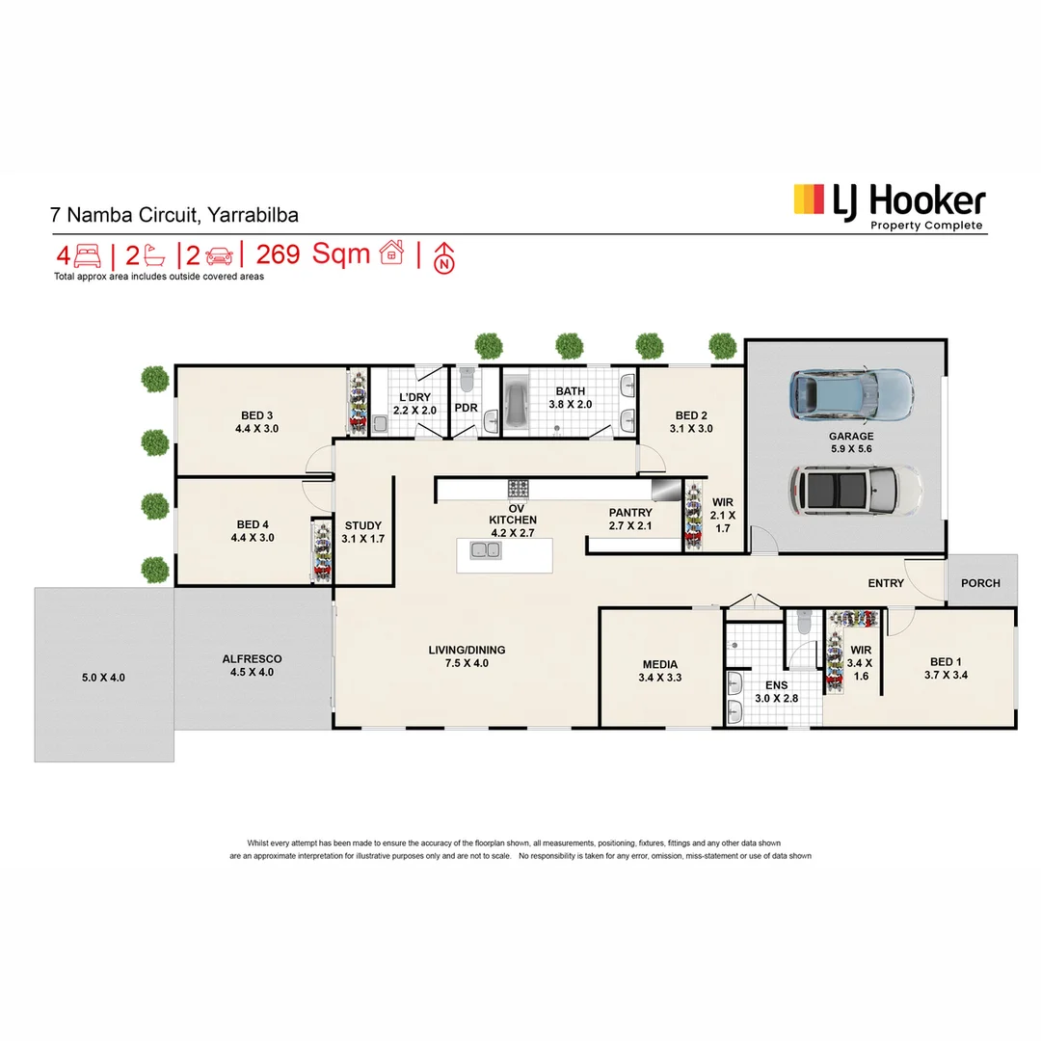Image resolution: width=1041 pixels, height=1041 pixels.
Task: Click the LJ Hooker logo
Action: (x=888, y=205)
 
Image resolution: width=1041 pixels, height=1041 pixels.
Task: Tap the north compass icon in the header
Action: (x=444, y=256)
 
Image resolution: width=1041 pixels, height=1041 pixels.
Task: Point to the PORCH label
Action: (x=981, y=583)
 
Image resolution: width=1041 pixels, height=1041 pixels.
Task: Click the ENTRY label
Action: (x=886, y=583)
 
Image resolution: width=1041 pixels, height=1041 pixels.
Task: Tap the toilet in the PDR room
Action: (x=467, y=383)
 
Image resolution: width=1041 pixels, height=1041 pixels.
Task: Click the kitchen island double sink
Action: (x=485, y=550)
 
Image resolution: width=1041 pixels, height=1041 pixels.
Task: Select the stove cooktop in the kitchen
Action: (x=519, y=488)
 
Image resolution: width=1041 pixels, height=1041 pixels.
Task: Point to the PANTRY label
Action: (x=630, y=513)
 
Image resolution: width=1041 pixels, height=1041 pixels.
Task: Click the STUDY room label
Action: (x=362, y=525)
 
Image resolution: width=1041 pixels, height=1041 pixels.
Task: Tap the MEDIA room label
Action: (x=660, y=664)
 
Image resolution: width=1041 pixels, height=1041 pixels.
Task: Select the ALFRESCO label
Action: (x=252, y=659)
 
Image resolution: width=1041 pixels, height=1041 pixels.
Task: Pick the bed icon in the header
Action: (x=88, y=255)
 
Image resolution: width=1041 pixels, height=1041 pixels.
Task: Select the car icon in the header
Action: (x=219, y=255)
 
